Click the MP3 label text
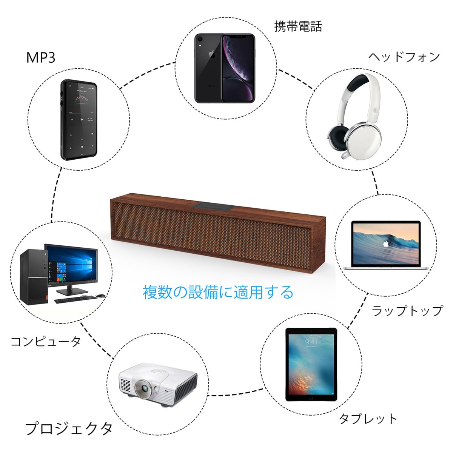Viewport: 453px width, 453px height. point(41,57)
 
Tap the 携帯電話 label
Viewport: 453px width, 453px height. point(298,26)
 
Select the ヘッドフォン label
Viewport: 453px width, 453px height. point(404,57)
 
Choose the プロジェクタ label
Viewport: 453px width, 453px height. point(69,428)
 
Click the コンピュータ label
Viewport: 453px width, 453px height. point(46,341)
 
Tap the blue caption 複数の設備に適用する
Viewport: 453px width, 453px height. point(218,292)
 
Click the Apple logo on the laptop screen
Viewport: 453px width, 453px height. point(385,244)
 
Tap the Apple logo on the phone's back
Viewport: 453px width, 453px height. point(212,54)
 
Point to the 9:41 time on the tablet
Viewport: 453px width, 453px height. point(311,342)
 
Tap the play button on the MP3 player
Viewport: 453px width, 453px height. point(82,119)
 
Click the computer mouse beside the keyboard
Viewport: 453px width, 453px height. point(101,296)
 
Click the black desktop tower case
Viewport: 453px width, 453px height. point(34,277)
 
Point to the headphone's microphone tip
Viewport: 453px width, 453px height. point(344,155)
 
